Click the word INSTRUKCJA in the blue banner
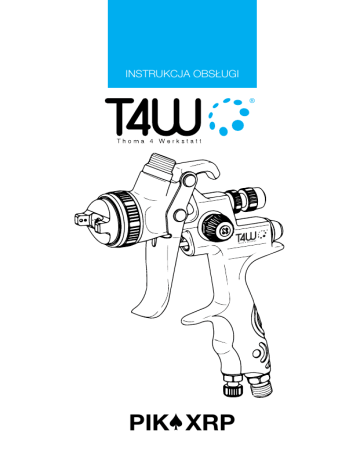[158, 74]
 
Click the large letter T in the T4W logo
[118, 115]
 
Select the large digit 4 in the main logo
[145, 115]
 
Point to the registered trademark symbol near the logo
[252, 100]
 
